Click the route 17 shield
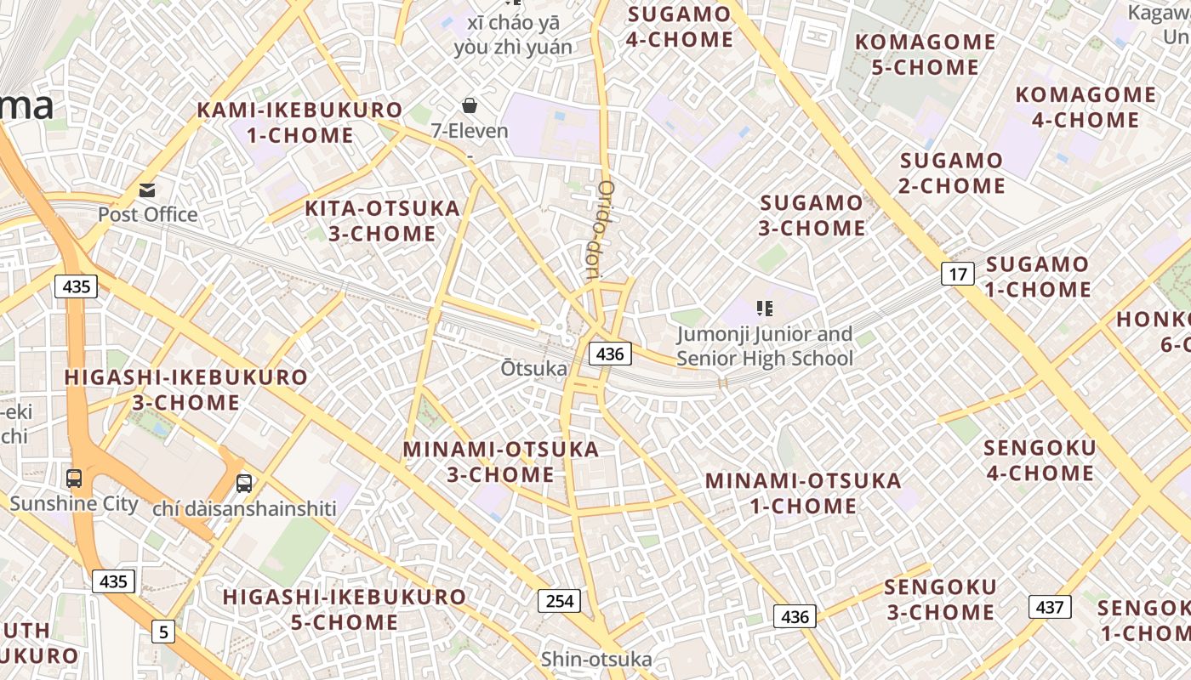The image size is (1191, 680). pyautogui.click(x=958, y=274)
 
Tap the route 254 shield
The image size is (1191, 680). pyautogui.click(x=559, y=601)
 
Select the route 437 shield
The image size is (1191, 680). pyautogui.click(x=1050, y=607)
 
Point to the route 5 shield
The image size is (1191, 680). pyautogui.click(x=163, y=632)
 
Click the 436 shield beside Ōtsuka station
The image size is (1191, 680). pyautogui.click(x=610, y=354)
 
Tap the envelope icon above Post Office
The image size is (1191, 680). pyautogui.click(x=148, y=190)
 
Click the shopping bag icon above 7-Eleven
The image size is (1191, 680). pyautogui.click(x=469, y=105)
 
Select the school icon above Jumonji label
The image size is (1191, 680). pyautogui.click(x=764, y=309)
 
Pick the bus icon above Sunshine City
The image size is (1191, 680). pyautogui.click(x=74, y=478)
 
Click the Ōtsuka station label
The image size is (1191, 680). pyautogui.click(x=533, y=368)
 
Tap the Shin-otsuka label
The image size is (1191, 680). pyautogui.click(x=596, y=660)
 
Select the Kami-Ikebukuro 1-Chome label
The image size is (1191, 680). pyautogui.click(x=299, y=122)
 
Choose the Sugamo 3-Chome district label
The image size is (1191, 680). pyautogui.click(x=812, y=215)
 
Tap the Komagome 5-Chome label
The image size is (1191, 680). pyautogui.click(x=925, y=54)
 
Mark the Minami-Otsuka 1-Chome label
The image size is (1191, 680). pyautogui.click(x=803, y=493)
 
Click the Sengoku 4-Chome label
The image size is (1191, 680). pyautogui.click(x=1040, y=460)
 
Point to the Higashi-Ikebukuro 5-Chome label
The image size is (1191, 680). pyautogui.click(x=345, y=609)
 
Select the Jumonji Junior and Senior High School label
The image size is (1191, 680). pyautogui.click(x=765, y=347)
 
